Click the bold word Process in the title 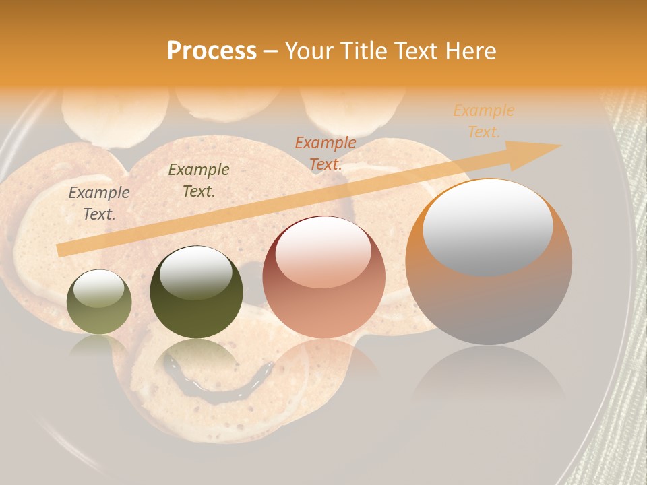click(x=212, y=51)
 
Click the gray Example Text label click(x=99, y=203)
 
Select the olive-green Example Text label click(x=199, y=181)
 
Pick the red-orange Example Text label click(x=326, y=154)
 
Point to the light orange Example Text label click(x=484, y=121)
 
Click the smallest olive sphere click(x=99, y=302)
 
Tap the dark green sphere click(x=196, y=293)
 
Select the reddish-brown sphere click(x=323, y=278)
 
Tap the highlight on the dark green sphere click(x=196, y=272)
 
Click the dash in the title click(x=271, y=51)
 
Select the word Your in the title click(x=307, y=51)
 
